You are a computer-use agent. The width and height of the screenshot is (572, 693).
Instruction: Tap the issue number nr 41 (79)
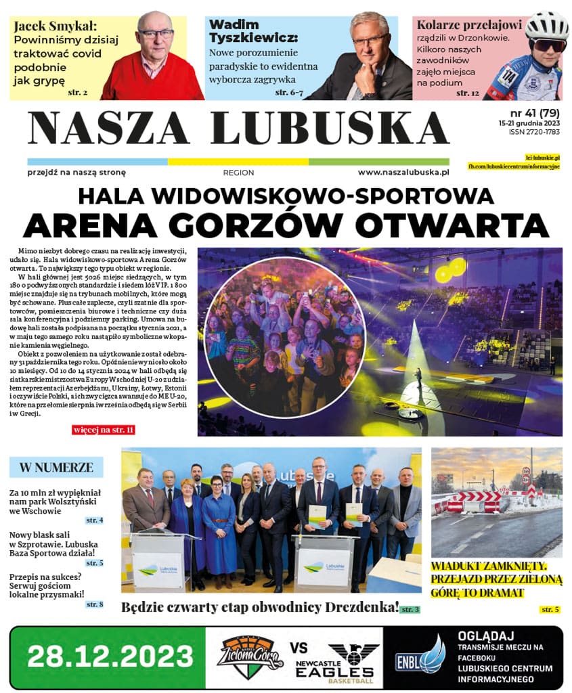pyautogui.click(x=534, y=112)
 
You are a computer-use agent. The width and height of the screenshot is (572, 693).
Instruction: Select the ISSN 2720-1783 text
pyautogui.click(x=534, y=132)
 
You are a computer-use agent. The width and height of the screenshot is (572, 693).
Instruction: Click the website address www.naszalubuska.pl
pyautogui.click(x=403, y=173)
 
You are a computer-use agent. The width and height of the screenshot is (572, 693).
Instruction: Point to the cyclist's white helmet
pyautogui.click(x=546, y=26)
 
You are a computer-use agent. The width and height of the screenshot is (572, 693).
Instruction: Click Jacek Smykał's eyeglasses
pyautogui.click(x=155, y=33)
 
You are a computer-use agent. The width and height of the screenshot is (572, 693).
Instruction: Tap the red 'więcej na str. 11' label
pyautogui.click(x=103, y=430)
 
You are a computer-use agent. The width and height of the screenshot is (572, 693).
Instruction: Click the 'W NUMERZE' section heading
pyautogui.click(x=56, y=468)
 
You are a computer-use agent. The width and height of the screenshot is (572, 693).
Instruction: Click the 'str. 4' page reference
pyautogui.click(x=94, y=520)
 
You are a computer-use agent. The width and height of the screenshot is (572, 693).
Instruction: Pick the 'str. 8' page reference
pyautogui.click(x=94, y=604)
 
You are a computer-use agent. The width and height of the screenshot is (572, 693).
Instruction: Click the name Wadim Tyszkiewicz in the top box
pyautogui.click(x=253, y=31)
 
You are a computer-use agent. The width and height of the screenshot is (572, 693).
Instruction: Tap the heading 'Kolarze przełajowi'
pyautogui.click(x=469, y=26)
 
